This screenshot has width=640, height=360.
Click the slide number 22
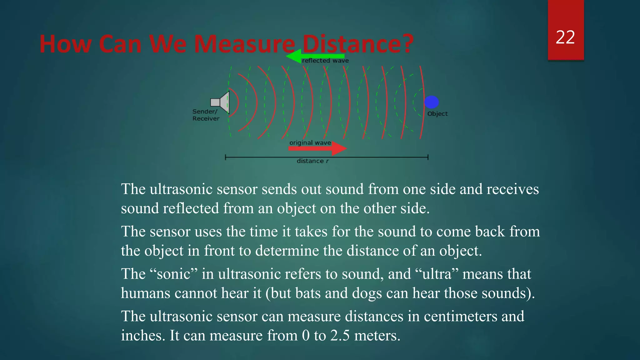click(565, 37)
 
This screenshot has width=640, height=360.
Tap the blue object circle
click(432, 102)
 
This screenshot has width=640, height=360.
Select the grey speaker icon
click(221, 102)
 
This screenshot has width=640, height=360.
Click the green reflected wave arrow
click(312, 57)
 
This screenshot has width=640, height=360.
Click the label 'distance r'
click(312, 161)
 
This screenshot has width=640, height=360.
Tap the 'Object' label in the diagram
click(437, 114)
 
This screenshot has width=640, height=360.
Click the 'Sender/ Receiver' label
click(206, 115)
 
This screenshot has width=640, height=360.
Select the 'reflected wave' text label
click(325, 61)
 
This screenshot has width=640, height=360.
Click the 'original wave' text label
click(310, 143)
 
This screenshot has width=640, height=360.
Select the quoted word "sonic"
click(174, 274)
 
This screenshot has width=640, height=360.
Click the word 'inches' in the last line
click(141, 336)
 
